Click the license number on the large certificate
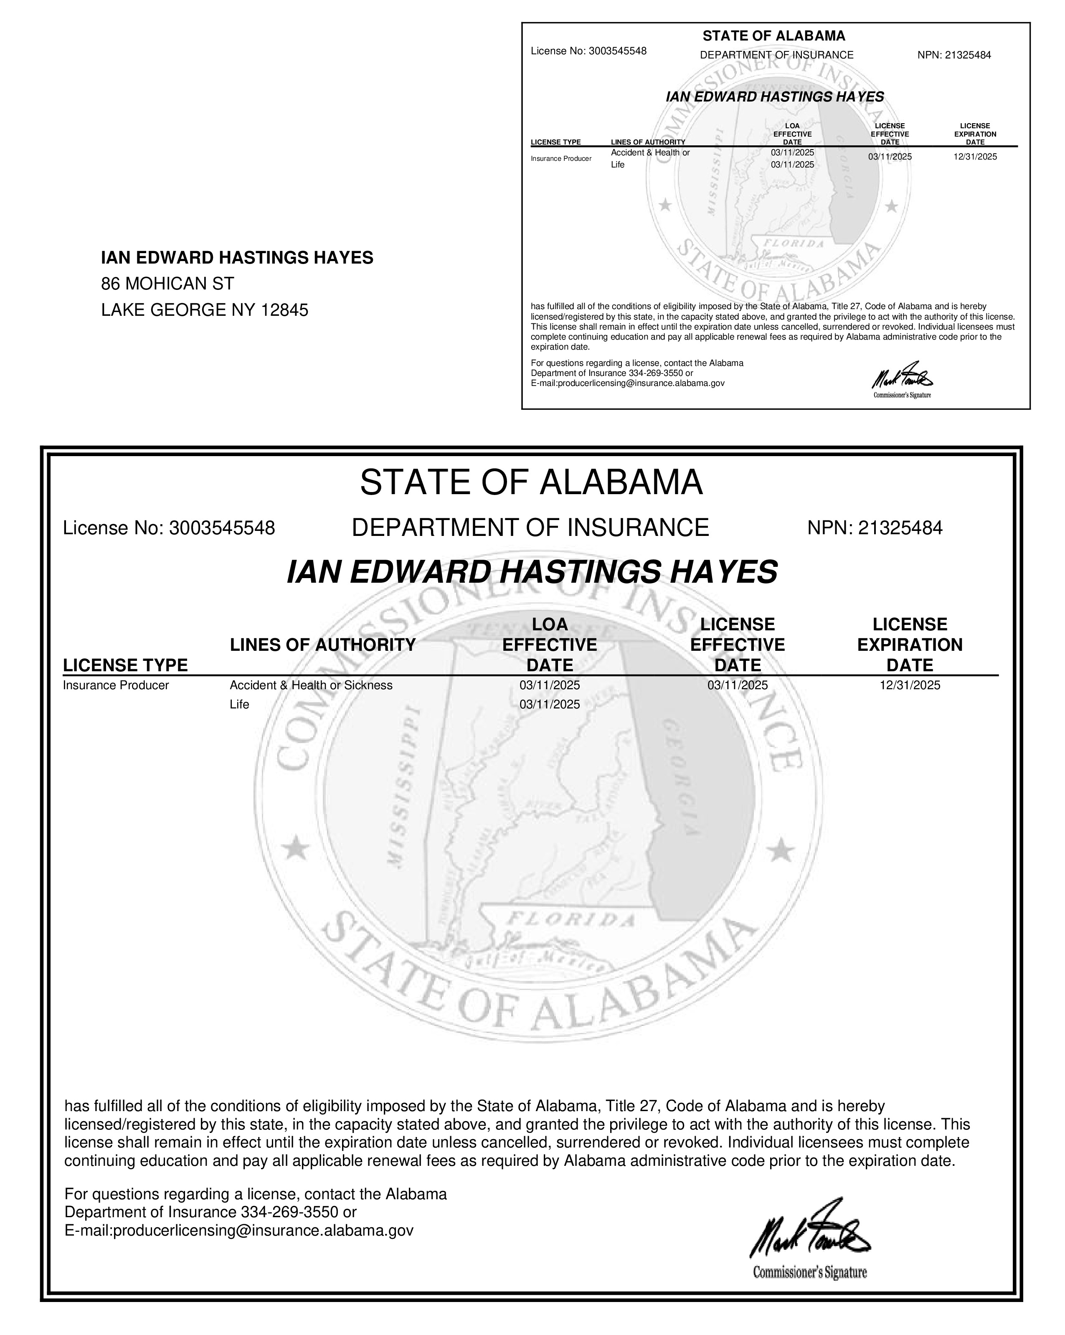(x=222, y=528)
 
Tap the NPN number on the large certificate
(x=901, y=528)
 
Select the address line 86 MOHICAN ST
(x=168, y=284)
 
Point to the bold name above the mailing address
(x=237, y=258)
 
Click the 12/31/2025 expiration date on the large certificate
(x=910, y=685)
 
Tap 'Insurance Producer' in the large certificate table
(x=116, y=685)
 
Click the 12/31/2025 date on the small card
(x=975, y=157)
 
